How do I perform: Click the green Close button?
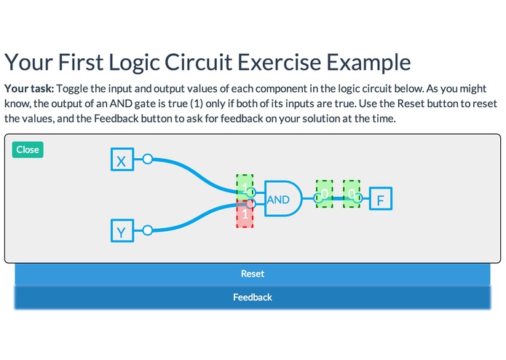[28, 149]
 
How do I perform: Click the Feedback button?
[252, 297]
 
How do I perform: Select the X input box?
[122, 160]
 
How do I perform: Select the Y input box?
[122, 232]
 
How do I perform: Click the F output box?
[380, 198]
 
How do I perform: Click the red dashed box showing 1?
[245, 214]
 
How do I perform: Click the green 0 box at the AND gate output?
[324, 195]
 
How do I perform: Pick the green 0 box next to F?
[352, 194]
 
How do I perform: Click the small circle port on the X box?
[147, 159]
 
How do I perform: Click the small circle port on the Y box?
[147, 230]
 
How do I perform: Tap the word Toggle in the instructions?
[73, 88]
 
